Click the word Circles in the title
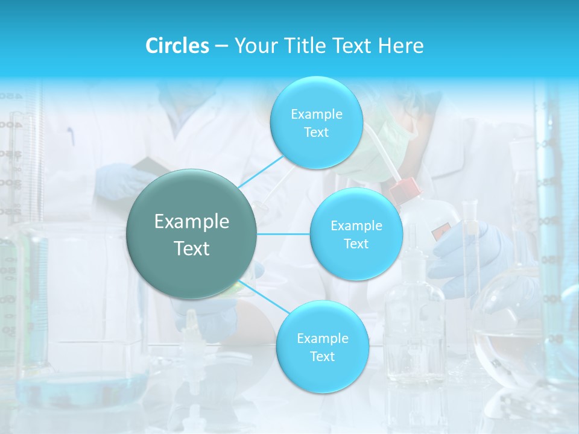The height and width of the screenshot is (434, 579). (x=177, y=46)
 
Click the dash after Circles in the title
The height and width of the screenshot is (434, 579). (x=221, y=46)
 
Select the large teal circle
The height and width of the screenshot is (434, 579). (x=192, y=234)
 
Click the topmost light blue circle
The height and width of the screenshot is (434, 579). (x=316, y=123)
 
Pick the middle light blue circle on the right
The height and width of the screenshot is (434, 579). (x=356, y=234)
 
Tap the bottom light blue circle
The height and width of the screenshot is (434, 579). (x=322, y=347)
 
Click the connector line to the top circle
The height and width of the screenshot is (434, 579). (x=261, y=171)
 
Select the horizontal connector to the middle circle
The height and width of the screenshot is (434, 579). (x=283, y=234)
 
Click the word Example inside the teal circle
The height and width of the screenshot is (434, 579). (x=192, y=222)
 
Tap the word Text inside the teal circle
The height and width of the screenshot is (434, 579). (x=192, y=248)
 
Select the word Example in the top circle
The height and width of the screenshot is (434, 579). (x=316, y=115)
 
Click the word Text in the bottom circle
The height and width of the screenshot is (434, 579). (x=322, y=356)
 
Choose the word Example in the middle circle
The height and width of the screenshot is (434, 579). (x=356, y=226)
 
